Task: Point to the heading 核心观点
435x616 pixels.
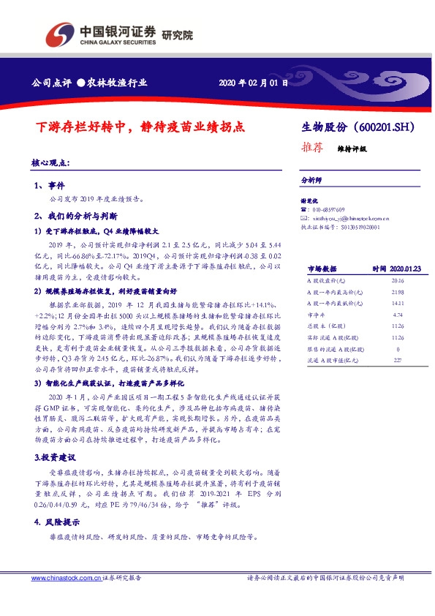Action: click(x=50, y=163)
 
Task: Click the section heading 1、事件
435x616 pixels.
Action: click(x=50, y=186)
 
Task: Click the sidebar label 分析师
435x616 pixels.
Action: click(x=312, y=179)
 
